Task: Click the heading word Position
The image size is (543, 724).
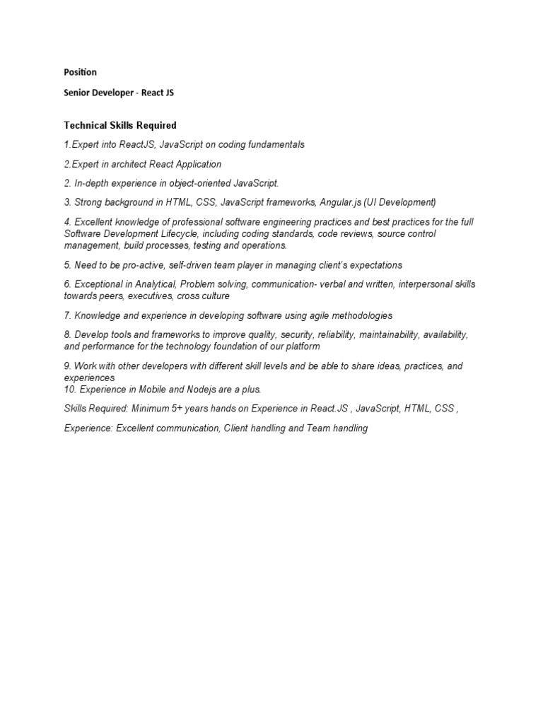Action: coord(80,72)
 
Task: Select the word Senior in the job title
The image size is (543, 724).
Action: coord(78,92)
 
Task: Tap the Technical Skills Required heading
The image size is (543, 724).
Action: coord(120,125)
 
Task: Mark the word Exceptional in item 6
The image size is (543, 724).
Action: coord(99,284)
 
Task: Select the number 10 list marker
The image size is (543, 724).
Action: coord(69,390)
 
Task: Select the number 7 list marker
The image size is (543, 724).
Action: coord(67,315)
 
